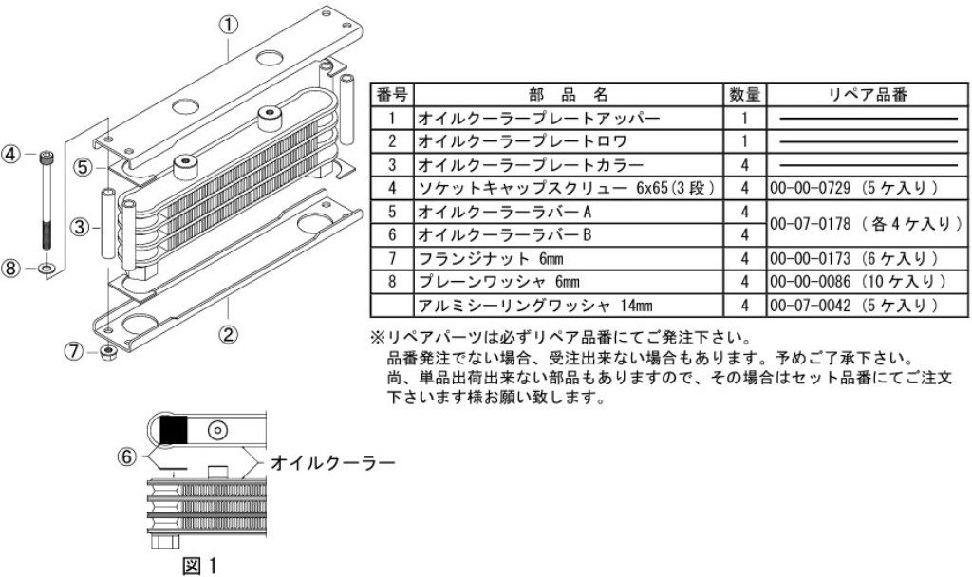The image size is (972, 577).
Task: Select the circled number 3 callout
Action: [x=81, y=227]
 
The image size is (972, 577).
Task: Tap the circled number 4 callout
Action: [x=11, y=155]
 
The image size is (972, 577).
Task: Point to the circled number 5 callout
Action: [x=85, y=167]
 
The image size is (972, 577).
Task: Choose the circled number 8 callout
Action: [x=11, y=269]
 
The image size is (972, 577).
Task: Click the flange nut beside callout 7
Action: [x=107, y=355]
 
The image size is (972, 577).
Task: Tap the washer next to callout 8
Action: [x=45, y=270]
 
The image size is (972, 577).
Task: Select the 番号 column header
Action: [x=392, y=96]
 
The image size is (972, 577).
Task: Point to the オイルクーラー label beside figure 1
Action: [x=331, y=463]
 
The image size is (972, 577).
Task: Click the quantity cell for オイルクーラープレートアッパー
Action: [x=745, y=120]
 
